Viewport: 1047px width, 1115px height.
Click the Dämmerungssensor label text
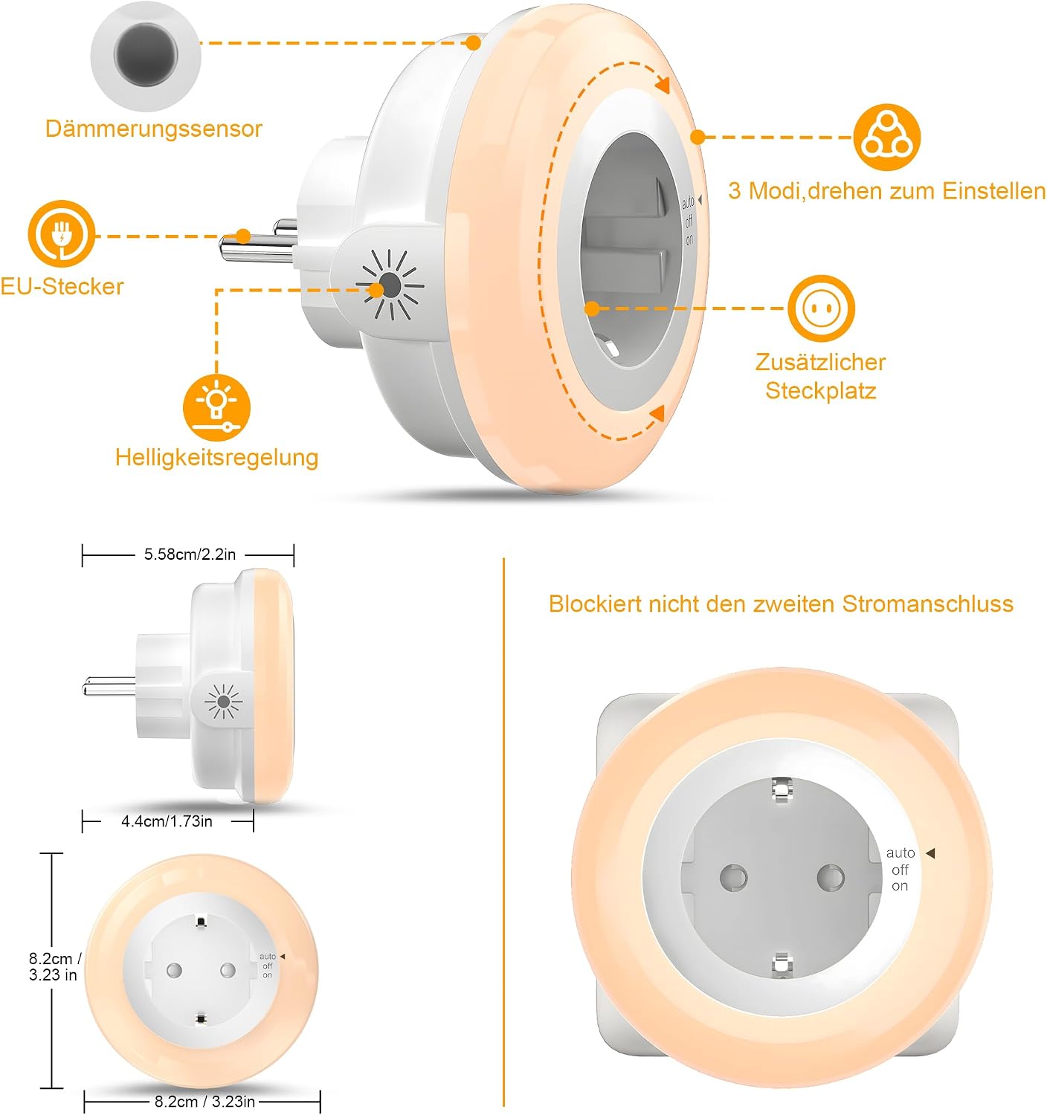tap(153, 129)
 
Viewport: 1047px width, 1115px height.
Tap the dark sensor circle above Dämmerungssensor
tap(146, 54)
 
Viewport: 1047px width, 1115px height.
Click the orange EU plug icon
tap(61, 233)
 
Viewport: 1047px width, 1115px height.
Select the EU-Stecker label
tap(62, 286)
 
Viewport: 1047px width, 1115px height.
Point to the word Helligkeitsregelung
tap(217, 458)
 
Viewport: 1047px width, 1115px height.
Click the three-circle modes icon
tap(887, 137)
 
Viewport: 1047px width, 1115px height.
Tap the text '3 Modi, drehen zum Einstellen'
tap(887, 191)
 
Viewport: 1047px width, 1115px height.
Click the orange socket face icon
tap(821, 308)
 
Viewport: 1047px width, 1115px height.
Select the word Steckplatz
tap(821, 391)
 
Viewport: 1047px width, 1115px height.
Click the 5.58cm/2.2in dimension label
tap(190, 555)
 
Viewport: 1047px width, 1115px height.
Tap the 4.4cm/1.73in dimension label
tap(167, 822)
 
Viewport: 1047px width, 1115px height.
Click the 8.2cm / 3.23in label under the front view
tap(204, 1102)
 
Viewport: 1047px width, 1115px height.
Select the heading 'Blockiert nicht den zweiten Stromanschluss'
tap(781, 604)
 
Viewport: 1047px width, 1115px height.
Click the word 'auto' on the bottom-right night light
tap(901, 853)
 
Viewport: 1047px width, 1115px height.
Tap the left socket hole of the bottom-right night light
tap(734, 878)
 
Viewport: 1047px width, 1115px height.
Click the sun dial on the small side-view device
tap(224, 701)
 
